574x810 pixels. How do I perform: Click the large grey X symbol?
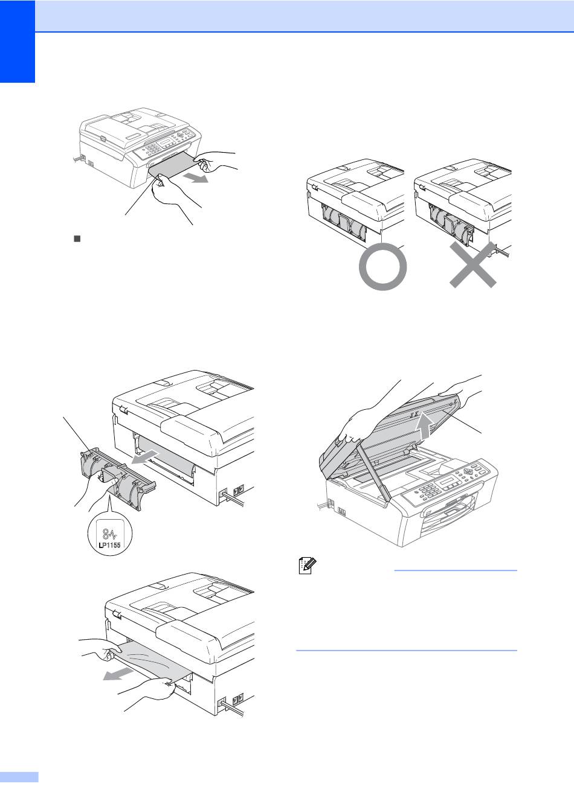click(472, 265)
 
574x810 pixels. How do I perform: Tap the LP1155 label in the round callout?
click(109, 544)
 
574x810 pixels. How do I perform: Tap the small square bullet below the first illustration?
click(77, 238)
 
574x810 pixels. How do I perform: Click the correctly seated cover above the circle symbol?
click(344, 223)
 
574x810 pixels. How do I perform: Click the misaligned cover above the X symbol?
click(452, 224)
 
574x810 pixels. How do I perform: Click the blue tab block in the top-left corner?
click(18, 41)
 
